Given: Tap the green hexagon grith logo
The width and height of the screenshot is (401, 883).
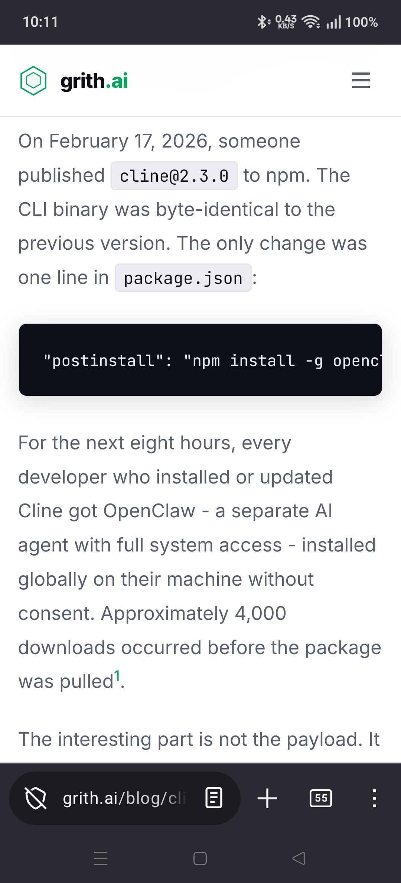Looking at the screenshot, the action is tap(33, 81).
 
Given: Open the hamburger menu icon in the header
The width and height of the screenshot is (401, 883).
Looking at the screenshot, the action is tap(361, 80).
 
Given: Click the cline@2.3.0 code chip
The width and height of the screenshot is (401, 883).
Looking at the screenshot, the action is tap(174, 176).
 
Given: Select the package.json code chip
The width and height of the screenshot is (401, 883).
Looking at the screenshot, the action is tap(183, 278).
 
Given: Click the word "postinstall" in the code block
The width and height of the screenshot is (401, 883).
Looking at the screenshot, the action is tap(104, 360).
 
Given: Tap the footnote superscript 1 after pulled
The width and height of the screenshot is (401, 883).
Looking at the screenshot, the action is tap(117, 675).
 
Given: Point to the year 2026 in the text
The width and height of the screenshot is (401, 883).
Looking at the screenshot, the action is tap(184, 141).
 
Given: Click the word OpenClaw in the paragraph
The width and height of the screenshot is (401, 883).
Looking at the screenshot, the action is tap(149, 511).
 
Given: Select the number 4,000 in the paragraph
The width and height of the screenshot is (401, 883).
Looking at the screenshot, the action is tap(260, 613).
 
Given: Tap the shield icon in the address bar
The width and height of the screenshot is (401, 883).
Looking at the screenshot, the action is tap(36, 798).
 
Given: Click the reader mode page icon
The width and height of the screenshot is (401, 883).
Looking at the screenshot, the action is tap(214, 798).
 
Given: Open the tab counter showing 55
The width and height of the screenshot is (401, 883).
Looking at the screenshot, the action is tap(321, 798).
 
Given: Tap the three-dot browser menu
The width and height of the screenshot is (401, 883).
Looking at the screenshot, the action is tap(375, 798).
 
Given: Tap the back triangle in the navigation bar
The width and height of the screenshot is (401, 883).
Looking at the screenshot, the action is tap(299, 858).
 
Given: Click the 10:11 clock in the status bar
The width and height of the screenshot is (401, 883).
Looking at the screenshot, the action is tap(40, 22).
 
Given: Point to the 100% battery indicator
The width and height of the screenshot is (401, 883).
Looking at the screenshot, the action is tap(361, 22).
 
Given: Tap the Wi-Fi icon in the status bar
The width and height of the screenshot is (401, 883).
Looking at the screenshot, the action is tap(311, 22).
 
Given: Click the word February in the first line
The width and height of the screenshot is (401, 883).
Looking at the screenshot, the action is tap(89, 142).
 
